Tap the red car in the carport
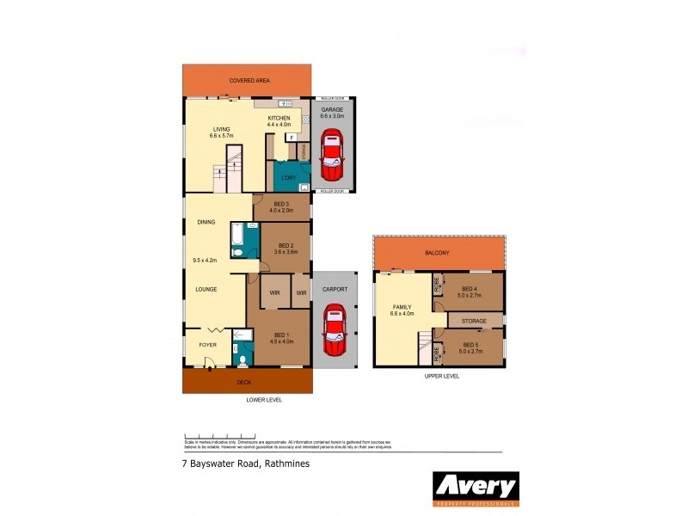[x=333, y=330]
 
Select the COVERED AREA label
[x=249, y=80]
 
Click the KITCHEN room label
[x=279, y=118]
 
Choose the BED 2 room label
[x=286, y=245]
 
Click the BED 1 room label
[x=283, y=335]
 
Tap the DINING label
[x=206, y=222]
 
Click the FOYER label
[x=208, y=344]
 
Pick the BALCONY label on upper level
[x=437, y=253]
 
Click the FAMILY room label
[x=402, y=307]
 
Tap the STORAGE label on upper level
[x=475, y=320]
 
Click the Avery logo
[x=476, y=488]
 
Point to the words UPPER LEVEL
[x=441, y=376]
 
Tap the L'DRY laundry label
[x=289, y=178]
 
